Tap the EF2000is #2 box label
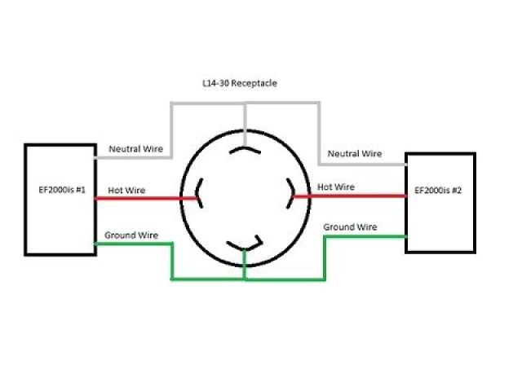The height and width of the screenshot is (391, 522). tap(439, 191)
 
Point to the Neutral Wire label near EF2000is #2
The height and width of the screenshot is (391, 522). tap(355, 153)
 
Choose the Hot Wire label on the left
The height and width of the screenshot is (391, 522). tap(126, 191)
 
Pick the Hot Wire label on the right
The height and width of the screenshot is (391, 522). tap(336, 187)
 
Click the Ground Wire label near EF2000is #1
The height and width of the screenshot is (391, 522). tap(131, 235)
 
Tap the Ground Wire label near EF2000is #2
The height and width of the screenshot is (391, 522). tap(350, 226)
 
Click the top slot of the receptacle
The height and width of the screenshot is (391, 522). tap(245, 150)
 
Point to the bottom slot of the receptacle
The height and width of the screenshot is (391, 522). tap(245, 244)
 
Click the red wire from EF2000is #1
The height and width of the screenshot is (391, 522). tap(147, 196)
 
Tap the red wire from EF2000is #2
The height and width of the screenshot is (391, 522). tap(351, 195)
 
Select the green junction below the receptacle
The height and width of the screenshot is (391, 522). tap(245, 279)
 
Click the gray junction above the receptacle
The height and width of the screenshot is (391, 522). tap(245, 103)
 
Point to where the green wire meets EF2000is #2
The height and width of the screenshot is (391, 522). tap(405, 236)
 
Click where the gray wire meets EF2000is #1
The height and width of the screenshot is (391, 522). tap(97, 157)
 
